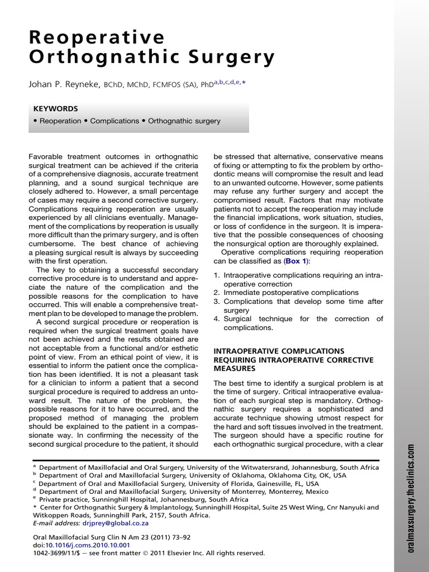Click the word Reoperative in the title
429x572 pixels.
click(97, 37)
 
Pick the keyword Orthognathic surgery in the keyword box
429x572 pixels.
click(184, 121)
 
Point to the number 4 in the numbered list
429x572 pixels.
click(216, 319)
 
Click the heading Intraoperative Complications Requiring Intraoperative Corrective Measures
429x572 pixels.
click(293, 360)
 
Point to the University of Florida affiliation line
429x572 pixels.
click(179, 484)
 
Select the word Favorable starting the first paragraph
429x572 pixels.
click(47, 157)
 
